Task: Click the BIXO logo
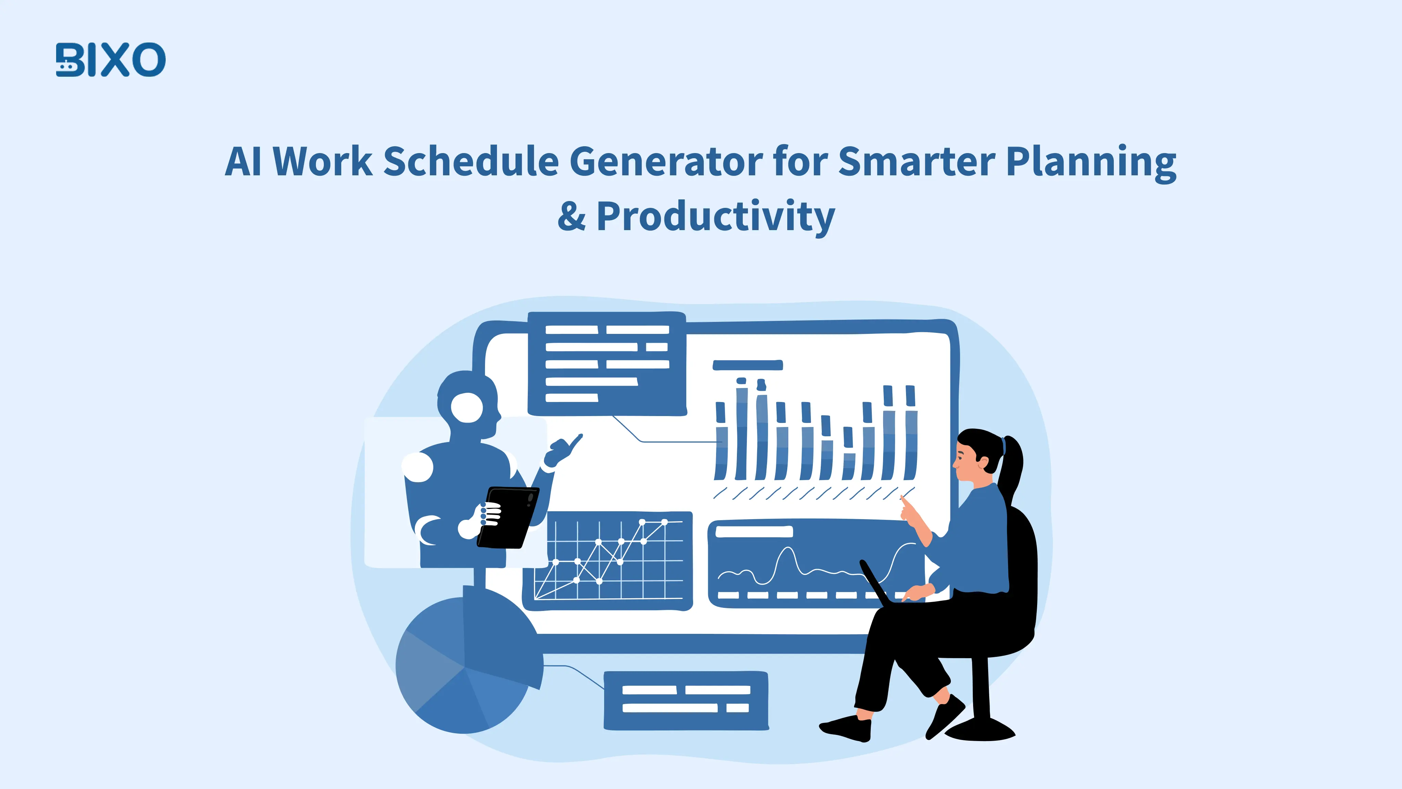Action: (111, 60)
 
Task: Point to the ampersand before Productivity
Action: (572, 217)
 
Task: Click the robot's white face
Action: (467, 407)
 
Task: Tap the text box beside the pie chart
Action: (686, 700)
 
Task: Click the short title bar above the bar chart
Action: (747, 365)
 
